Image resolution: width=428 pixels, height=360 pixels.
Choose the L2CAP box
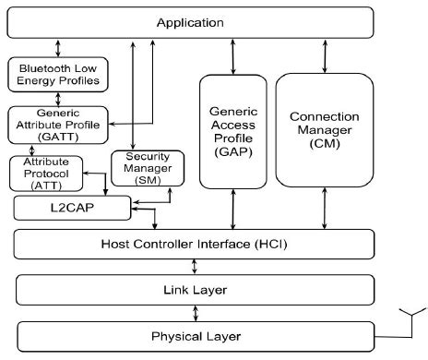pyautogui.click(x=71, y=208)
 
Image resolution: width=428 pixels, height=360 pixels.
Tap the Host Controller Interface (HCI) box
pyautogui.click(x=195, y=244)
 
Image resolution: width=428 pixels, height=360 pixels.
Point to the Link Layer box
pyautogui.click(x=195, y=290)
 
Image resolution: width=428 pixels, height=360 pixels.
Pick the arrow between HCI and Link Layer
pyautogui.click(x=193, y=267)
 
